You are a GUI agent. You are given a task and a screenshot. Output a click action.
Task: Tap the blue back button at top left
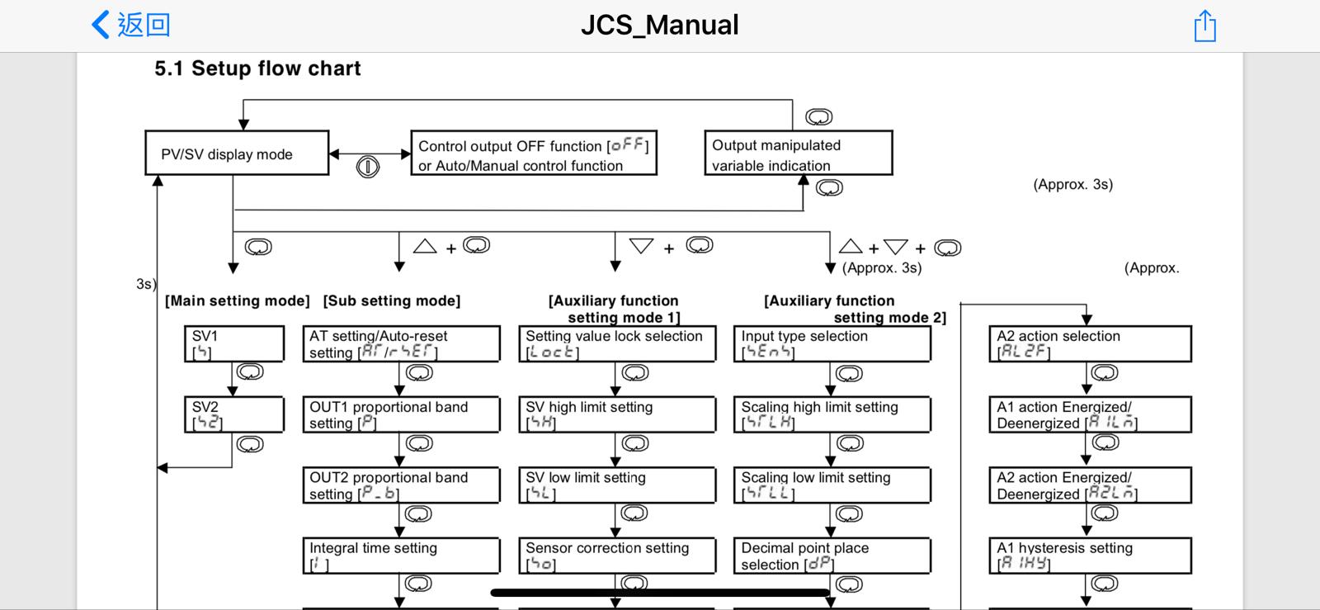tap(130, 25)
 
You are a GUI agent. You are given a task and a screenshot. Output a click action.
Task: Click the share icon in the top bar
tap(1204, 26)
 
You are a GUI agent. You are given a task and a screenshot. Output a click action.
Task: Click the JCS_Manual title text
tap(659, 25)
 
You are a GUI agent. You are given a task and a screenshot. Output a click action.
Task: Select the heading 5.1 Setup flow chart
tap(257, 69)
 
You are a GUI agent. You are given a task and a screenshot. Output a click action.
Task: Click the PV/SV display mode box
tap(237, 154)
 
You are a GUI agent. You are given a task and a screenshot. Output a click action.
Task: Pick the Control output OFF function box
tap(533, 154)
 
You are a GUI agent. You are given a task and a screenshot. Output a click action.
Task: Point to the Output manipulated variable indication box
tap(798, 154)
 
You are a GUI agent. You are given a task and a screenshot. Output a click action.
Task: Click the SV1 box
tap(233, 344)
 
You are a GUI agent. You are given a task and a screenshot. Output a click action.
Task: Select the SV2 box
tap(233, 414)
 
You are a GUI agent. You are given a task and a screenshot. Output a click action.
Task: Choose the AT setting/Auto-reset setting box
tap(401, 344)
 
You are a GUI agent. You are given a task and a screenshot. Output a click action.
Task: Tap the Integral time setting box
tap(401, 556)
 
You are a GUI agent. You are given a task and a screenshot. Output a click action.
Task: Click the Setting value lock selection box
tap(617, 344)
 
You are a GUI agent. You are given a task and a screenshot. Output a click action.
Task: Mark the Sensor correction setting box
tap(617, 556)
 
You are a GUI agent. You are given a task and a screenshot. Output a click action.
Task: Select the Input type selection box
tap(832, 344)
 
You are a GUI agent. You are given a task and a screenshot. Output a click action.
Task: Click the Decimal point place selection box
tap(832, 556)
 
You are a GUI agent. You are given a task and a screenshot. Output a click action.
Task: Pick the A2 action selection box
tap(1090, 344)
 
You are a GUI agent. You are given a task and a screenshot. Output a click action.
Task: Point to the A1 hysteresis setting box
tap(1090, 556)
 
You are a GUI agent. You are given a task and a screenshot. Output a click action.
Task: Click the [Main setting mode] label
tap(238, 300)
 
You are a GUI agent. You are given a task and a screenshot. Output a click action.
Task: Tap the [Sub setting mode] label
tap(392, 300)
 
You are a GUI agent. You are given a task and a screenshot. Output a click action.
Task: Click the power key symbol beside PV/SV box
tap(368, 167)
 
